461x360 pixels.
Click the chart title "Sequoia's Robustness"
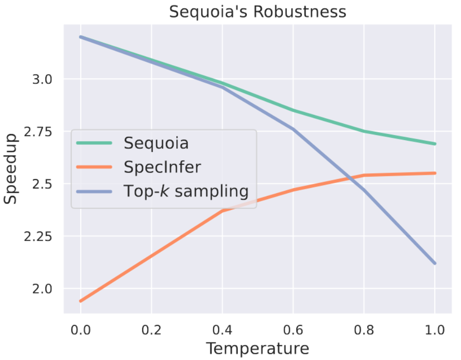(257, 12)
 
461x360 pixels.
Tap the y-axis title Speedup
(11, 168)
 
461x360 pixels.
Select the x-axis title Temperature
(257, 348)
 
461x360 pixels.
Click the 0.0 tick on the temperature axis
(80, 329)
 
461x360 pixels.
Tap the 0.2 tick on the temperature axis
(151, 329)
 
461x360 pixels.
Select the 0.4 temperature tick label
(222, 329)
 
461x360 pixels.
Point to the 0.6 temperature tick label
(293, 329)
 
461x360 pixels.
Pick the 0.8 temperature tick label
(364, 329)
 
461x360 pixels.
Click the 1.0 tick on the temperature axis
(435, 329)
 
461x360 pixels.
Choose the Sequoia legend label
(156, 143)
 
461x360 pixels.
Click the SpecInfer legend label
(162, 167)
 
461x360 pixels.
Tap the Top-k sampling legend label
(186, 191)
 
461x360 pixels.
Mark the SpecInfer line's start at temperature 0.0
(81, 301)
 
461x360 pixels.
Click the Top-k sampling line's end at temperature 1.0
(435, 263)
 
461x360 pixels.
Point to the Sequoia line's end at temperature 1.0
(435, 144)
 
